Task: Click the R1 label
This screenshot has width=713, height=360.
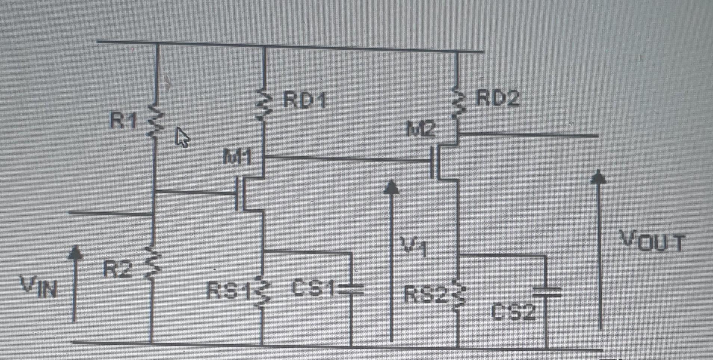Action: (x=123, y=120)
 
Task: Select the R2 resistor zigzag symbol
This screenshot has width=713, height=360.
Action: (x=152, y=263)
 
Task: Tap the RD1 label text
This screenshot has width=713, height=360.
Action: (x=304, y=100)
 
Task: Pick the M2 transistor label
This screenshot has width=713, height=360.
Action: (x=421, y=129)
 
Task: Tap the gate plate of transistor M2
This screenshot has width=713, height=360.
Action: (x=432, y=161)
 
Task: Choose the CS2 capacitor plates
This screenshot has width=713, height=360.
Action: (x=546, y=291)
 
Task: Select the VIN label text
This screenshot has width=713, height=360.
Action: (x=39, y=287)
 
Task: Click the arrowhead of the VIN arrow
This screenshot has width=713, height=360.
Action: (x=75, y=252)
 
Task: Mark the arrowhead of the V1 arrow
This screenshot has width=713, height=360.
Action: (x=391, y=187)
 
